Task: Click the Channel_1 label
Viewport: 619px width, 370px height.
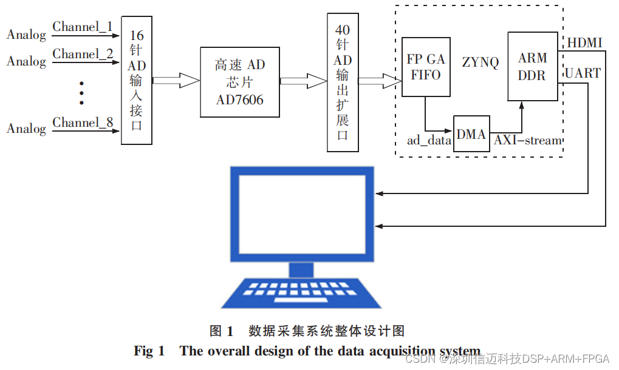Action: pyautogui.click(x=83, y=27)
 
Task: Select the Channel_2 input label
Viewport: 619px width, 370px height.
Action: pyautogui.click(x=83, y=54)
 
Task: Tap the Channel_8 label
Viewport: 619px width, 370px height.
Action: pyautogui.click(x=83, y=123)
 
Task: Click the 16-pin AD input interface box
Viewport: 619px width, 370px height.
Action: pyautogui.click(x=136, y=80)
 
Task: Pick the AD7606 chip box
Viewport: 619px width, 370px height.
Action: pyautogui.click(x=240, y=82)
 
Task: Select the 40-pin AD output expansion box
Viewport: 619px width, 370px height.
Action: pyautogui.click(x=343, y=82)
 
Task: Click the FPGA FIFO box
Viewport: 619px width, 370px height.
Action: pyautogui.click(x=425, y=67)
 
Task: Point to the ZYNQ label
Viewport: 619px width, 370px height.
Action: pyautogui.click(x=480, y=62)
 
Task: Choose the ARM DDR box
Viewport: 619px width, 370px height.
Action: pyautogui.click(x=532, y=67)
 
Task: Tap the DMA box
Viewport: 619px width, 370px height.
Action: pyautogui.click(x=471, y=134)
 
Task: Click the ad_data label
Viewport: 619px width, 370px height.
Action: pyautogui.click(x=429, y=141)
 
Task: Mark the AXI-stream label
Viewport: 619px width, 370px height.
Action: pyautogui.click(x=527, y=141)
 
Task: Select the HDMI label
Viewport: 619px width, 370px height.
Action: pyautogui.click(x=584, y=43)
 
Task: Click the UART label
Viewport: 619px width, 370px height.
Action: pyautogui.click(x=583, y=73)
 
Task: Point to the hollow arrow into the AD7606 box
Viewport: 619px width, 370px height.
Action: pyautogui.click(x=176, y=80)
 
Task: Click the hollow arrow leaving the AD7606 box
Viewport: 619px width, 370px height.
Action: pyautogui.click(x=303, y=80)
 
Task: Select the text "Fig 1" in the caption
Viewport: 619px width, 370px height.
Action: pyautogui.click(x=149, y=351)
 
